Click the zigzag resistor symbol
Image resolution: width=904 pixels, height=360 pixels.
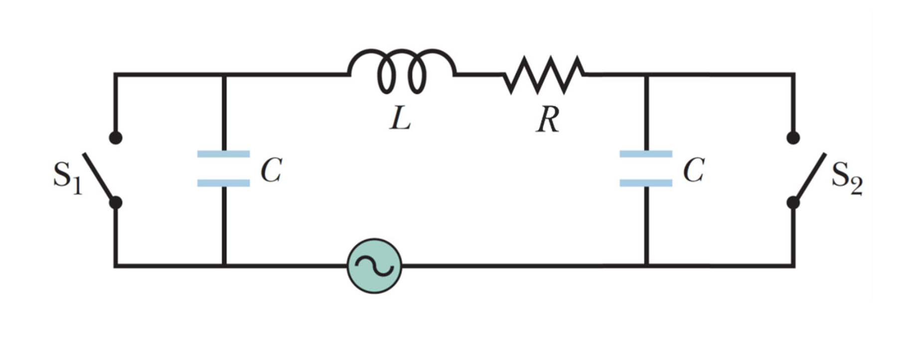pos(544,75)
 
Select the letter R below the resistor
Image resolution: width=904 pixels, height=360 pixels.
pos(548,120)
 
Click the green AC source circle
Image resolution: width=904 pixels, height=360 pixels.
pos(374,266)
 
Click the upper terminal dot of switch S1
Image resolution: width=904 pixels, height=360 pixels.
pos(116,138)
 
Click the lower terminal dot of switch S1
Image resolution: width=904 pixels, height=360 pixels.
pos(116,202)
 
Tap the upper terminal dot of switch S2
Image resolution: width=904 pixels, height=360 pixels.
pos(793,138)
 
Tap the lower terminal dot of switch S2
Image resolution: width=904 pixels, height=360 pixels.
pos(793,202)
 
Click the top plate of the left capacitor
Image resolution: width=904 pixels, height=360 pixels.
pos(223,154)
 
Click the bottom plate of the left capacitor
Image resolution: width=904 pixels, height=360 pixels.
pos(223,183)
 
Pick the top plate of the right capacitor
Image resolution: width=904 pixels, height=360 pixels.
pos(646,154)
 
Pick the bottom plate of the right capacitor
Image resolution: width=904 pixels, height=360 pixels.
pos(646,183)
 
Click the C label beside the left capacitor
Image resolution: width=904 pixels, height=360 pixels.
pos(271,170)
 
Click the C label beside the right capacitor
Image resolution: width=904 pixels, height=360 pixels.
pos(694,170)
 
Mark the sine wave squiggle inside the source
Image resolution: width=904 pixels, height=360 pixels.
pos(374,266)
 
